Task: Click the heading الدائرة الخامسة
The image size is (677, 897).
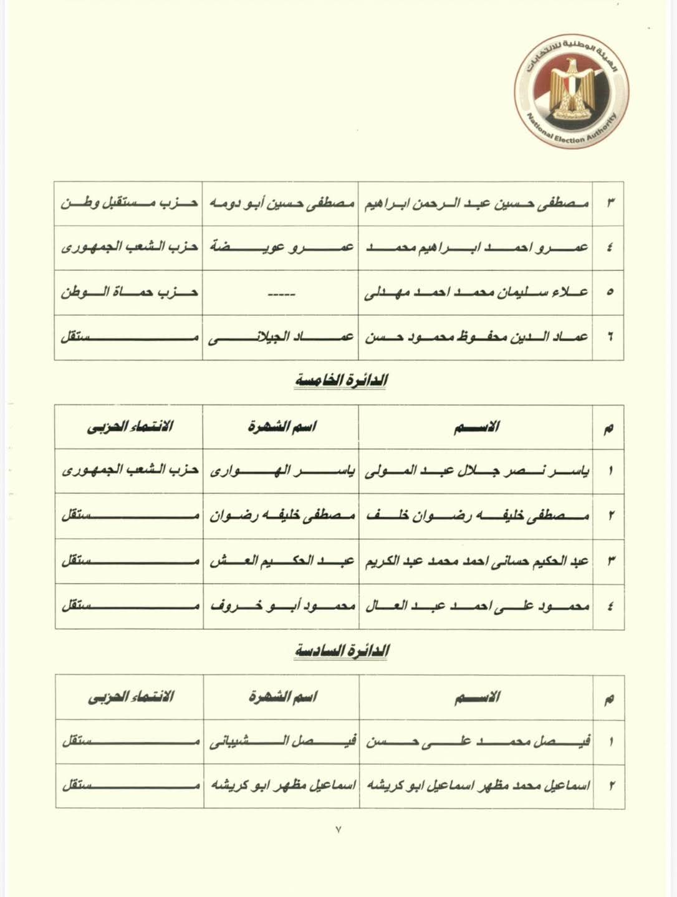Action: [x=341, y=381]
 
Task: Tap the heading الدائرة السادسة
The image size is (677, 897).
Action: [x=341, y=650]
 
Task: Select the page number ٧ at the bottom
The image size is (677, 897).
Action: [x=338, y=830]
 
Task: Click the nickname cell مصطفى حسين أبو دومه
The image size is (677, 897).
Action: [x=281, y=203]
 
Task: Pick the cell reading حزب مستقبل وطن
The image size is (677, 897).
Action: [x=129, y=203]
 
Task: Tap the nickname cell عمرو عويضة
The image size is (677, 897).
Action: [x=281, y=247]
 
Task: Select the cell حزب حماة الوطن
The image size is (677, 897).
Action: [x=129, y=292]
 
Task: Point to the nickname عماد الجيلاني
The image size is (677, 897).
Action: [x=281, y=337]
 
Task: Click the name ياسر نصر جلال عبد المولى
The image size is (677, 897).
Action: [x=476, y=471]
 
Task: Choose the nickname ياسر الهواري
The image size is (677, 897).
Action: [x=281, y=471]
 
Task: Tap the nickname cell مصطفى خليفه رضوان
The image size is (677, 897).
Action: [x=281, y=516]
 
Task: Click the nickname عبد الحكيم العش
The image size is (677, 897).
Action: [x=281, y=561]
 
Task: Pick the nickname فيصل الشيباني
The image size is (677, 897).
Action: [x=281, y=741]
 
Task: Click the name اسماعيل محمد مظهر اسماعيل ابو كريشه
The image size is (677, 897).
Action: [x=476, y=785]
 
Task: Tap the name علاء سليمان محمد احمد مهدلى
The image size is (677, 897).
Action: [x=476, y=292]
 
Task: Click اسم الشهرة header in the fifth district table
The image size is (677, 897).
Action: [x=282, y=427]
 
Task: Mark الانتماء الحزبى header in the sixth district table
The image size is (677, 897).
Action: [x=130, y=696]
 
